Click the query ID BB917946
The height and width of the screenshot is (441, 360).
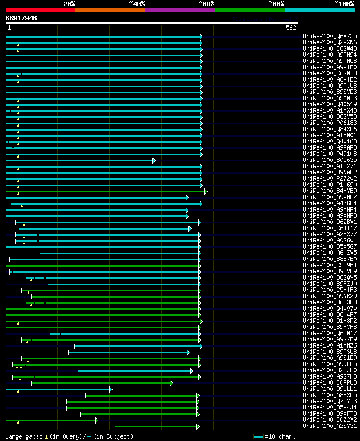pos(21,18)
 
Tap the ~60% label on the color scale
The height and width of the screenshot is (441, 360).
pos(206,3)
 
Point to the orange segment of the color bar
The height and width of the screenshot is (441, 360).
pos(110,10)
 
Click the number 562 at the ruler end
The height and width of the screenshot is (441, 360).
pos(291,28)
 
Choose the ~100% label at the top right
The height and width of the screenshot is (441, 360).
pos(344,3)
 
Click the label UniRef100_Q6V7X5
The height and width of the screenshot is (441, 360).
pos(330,36)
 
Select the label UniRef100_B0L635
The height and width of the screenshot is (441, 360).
pos(330,160)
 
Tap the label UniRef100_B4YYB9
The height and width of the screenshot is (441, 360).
pos(330,191)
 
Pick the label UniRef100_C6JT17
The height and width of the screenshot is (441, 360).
pos(330,228)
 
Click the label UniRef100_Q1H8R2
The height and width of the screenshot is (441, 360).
pos(330,321)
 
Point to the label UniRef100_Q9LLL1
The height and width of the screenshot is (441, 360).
pos(330,389)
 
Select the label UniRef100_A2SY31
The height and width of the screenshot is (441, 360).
pos(330,426)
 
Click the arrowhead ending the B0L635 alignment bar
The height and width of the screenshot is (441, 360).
pos(154,160)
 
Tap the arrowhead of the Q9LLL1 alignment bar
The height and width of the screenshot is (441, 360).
pos(111,389)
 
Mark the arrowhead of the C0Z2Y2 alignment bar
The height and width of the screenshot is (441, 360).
pos(97,420)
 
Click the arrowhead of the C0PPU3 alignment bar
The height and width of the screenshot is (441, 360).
pos(172,383)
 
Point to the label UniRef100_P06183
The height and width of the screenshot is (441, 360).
pos(330,123)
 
